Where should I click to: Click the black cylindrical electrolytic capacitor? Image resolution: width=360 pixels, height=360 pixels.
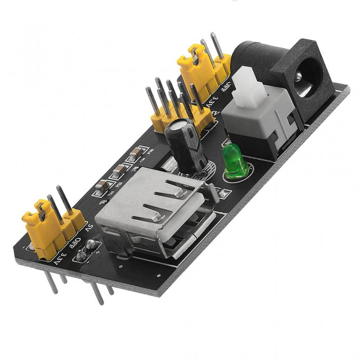(185, 144)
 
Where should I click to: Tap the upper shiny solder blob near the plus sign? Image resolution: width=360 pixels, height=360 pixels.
(92, 245)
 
